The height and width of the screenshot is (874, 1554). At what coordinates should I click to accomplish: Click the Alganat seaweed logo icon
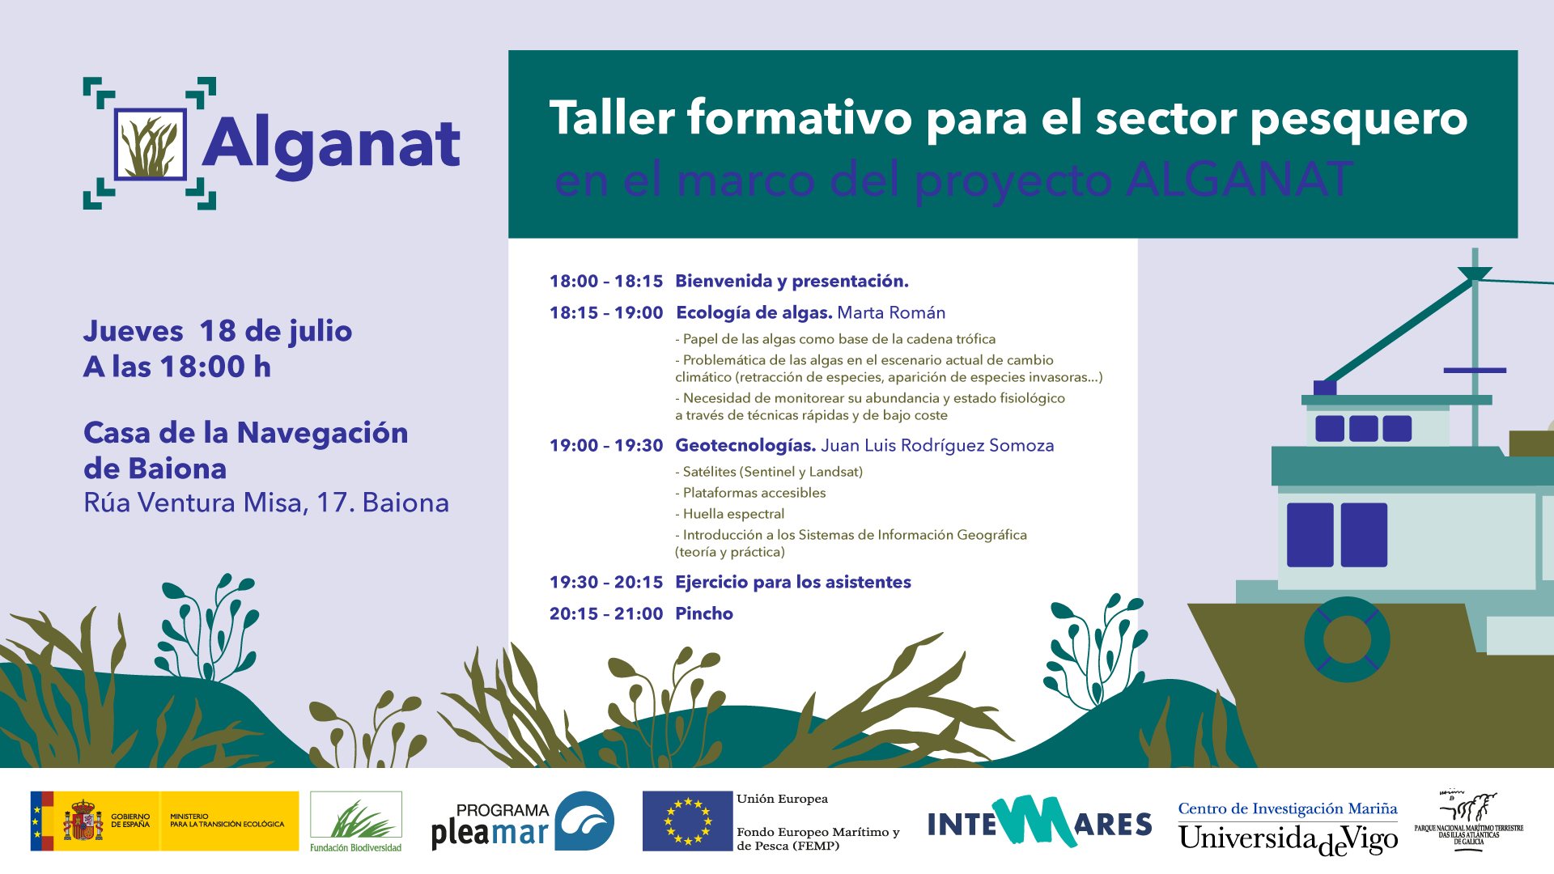[x=150, y=144]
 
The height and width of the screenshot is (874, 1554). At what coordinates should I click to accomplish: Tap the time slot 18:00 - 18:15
[x=605, y=282]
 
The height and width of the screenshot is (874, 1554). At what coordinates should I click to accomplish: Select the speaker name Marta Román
[x=890, y=313]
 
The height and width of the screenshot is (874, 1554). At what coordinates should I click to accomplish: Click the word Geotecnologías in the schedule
[x=745, y=446]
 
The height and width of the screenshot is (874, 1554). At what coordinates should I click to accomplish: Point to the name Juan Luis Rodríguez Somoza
[x=937, y=446]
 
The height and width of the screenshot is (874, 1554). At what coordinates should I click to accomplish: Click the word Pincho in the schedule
[x=703, y=614]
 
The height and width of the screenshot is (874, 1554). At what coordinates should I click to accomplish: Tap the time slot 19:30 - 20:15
[x=605, y=583]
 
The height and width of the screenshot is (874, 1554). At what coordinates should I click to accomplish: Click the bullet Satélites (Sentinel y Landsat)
[x=772, y=472]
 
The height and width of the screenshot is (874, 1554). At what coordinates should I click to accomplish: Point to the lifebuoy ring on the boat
[x=1347, y=639]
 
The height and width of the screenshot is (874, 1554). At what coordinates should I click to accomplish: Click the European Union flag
[x=687, y=821]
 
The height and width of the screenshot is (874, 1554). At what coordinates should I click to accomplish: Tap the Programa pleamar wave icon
[x=584, y=821]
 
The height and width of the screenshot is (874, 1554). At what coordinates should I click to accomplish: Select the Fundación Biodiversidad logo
[x=355, y=821]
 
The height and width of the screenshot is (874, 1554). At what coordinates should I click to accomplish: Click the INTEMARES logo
[x=1039, y=822]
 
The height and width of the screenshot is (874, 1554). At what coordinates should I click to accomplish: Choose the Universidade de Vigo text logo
[x=1287, y=838]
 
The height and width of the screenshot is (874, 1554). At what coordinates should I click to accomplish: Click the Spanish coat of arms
[x=83, y=821]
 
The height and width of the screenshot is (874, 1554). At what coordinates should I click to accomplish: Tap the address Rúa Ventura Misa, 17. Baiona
[x=265, y=503]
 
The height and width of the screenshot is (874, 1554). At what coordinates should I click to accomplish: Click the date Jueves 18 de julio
[x=217, y=331]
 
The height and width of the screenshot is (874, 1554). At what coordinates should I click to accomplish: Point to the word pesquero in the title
[x=1358, y=119]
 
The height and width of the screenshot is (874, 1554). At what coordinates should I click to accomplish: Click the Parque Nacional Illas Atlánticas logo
[x=1468, y=819]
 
